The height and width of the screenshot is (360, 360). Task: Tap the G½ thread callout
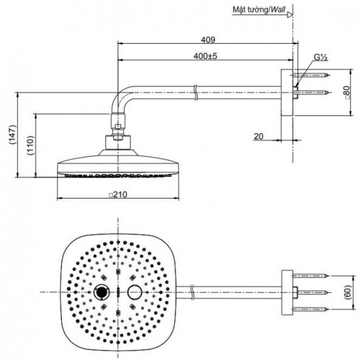[320, 58]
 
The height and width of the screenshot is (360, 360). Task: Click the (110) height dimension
[30, 145]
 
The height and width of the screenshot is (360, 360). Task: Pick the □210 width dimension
[119, 194]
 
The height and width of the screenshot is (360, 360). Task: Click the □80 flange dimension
[346, 93]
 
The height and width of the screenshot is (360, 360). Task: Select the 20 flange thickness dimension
[259, 136]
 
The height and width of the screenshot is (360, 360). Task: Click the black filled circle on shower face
[102, 292]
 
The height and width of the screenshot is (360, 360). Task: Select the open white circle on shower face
[135, 292]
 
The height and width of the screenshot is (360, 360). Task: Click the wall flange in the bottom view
[287, 292]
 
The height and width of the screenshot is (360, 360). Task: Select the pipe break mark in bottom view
[191, 292]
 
